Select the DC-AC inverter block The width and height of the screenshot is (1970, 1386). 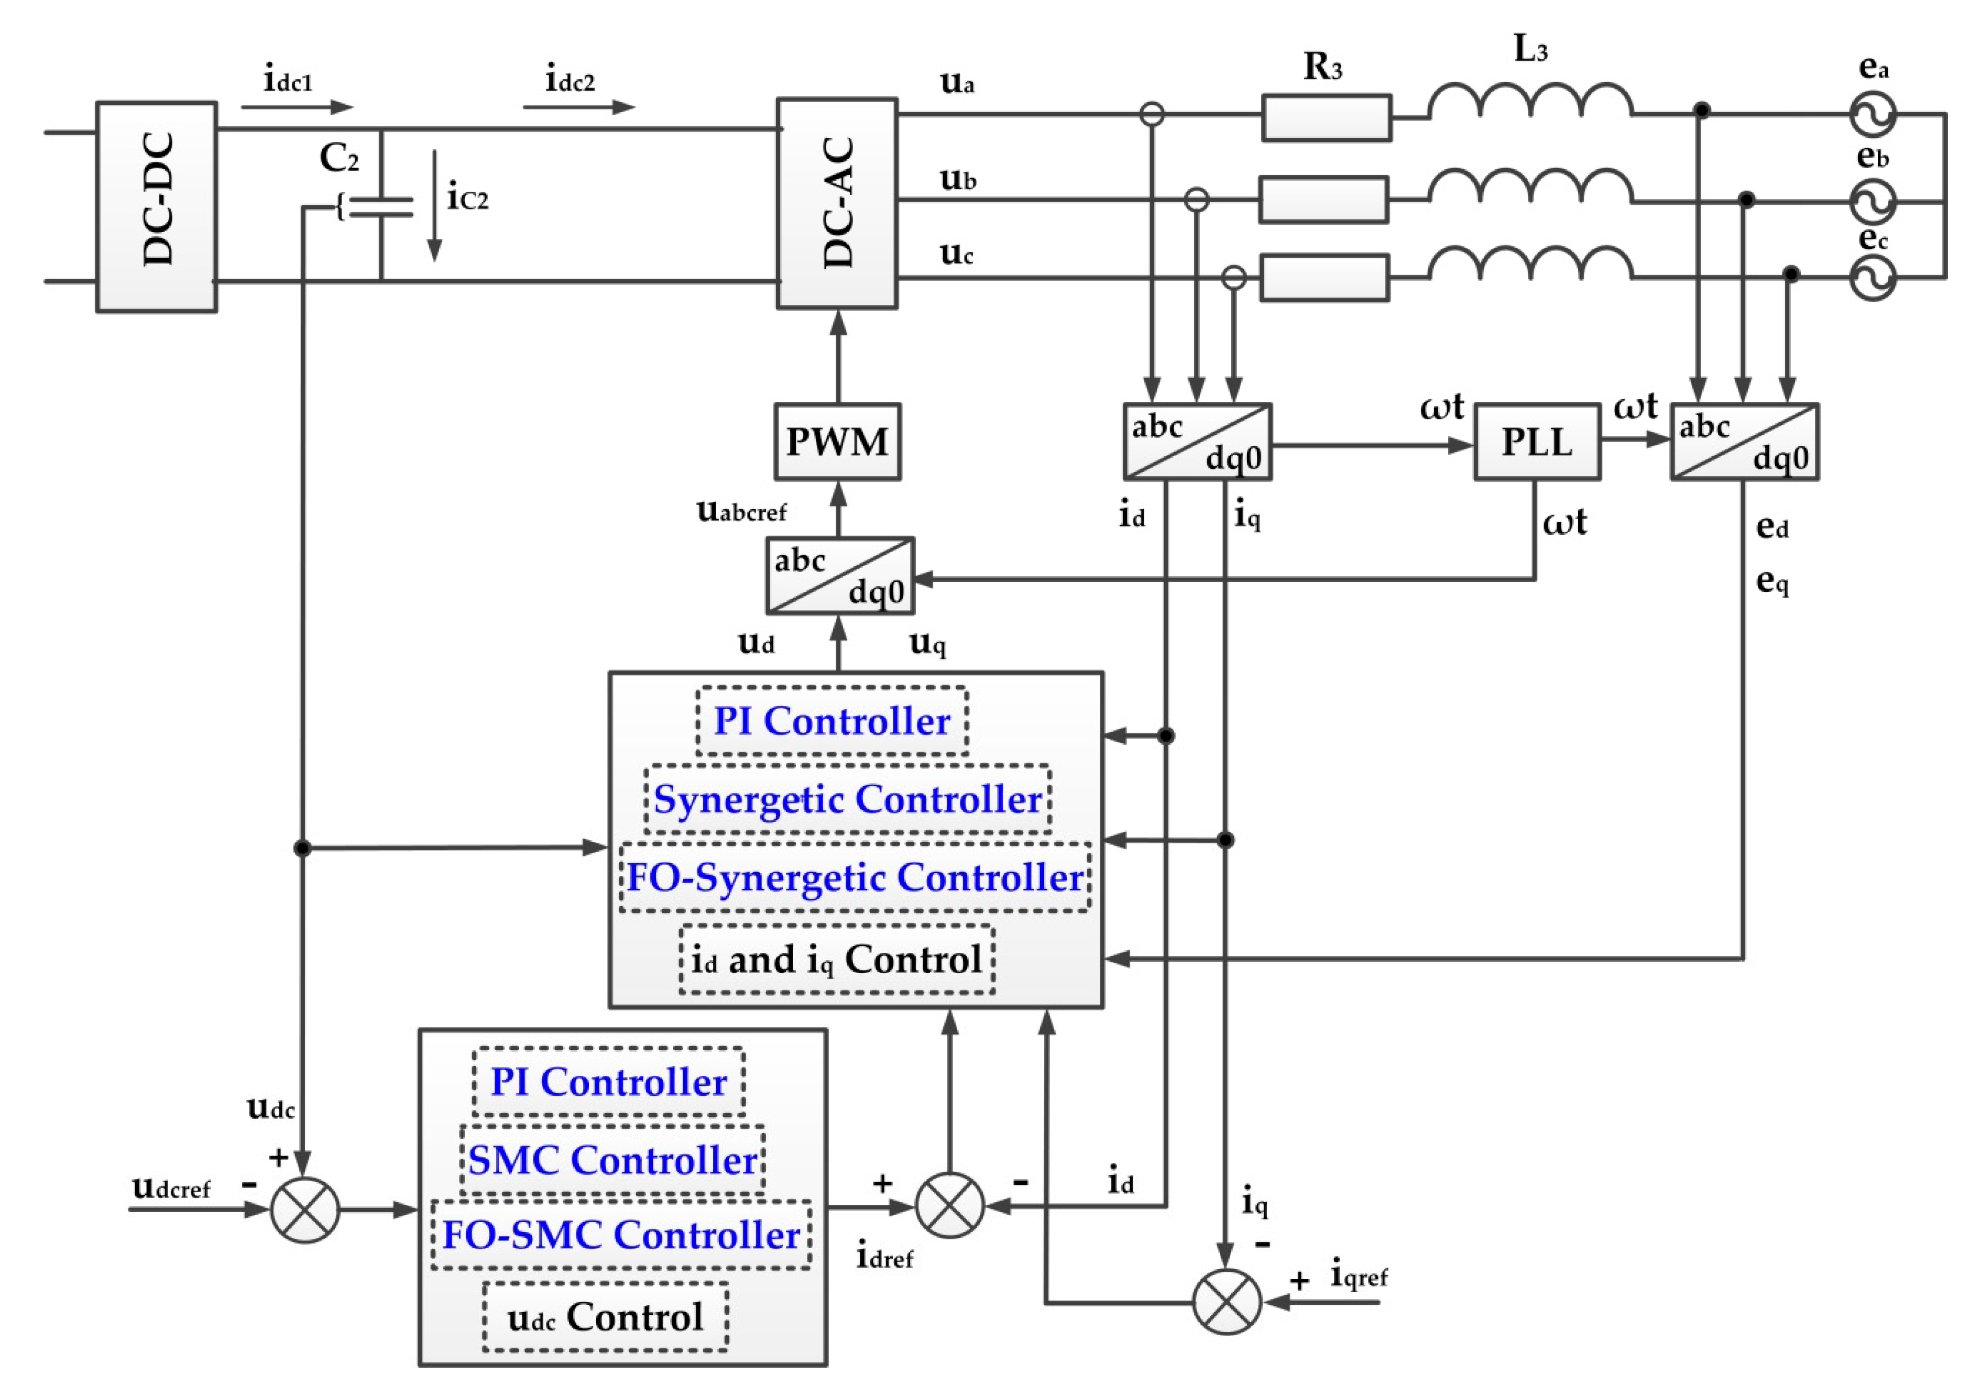837,203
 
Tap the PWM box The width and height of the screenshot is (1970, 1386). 837,442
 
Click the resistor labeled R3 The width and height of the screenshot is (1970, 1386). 1326,117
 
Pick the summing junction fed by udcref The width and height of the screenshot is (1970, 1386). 304,1209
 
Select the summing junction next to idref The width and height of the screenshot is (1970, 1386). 949,1205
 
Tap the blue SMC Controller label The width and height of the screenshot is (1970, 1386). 612,1160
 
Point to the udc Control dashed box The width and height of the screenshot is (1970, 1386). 606,1316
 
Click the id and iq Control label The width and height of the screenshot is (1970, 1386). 837,959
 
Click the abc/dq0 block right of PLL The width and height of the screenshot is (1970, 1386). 1744,442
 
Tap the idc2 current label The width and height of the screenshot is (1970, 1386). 571,82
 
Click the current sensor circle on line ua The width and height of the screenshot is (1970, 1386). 1152,114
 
